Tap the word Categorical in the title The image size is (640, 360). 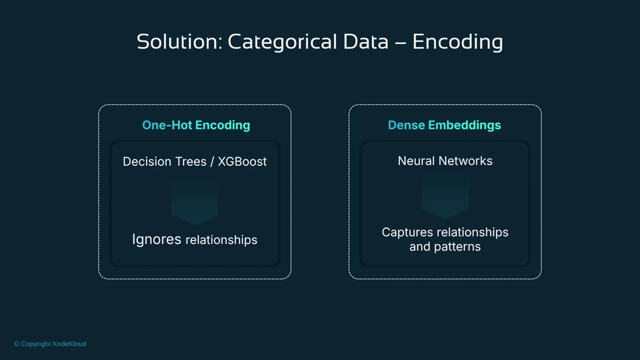click(x=282, y=42)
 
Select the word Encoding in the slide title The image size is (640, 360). click(x=457, y=42)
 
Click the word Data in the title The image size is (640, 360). click(x=366, y=42)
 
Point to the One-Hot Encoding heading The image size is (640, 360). click(x=196, y=125)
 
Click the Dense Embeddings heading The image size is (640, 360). click(x=444, y=125)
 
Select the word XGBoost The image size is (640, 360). click(x=242, y=162)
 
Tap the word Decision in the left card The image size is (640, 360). click(x=147, y=162)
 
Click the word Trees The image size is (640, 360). click(x=191, y=162)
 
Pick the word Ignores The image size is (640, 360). click(x=157, y=239)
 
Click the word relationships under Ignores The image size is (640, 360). click(x=221, y=240)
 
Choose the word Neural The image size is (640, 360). click(x=416, y=161)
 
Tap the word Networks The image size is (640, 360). click(x=465, y=161)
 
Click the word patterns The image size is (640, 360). click(x=457, y=247)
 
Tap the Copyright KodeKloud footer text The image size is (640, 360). click(x=50, y=344)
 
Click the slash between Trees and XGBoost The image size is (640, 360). click(x=212, y=162)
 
